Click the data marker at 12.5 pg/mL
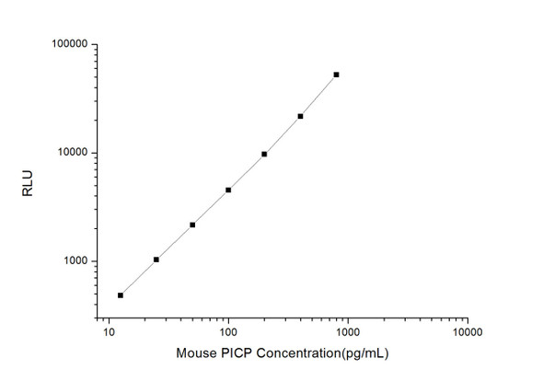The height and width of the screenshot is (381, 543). pyautogui.click(x=121, y=295)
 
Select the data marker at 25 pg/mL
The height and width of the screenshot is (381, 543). pyautogui.click(x=156, y=260)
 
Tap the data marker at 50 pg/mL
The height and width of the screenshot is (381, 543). pyautogui.click(x=192, y=225)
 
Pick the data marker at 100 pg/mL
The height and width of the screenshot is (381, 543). pyautogui.click(x=228, y=190)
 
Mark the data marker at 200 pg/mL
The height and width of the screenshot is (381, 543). pyautogui.click(x=264, y=154)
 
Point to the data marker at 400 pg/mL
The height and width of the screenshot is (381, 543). pyautogui.click(x=300, y=116)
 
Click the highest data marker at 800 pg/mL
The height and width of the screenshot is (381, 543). pyautogui.click(x=336, y=75)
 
